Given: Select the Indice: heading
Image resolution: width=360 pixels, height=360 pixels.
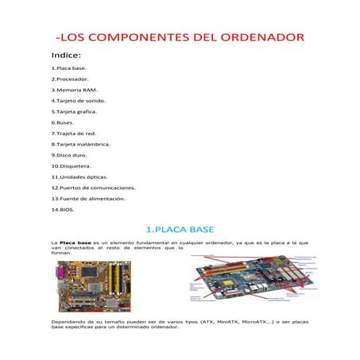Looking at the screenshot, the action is pyautogui.click(x=67, y=56).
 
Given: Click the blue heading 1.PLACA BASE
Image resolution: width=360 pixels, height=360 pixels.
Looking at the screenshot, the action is pyautogui.click(x=180, y=229).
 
